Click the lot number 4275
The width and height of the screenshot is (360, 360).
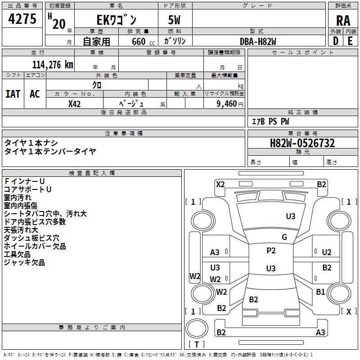point(22,20)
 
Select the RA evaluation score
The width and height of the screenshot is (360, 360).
point(343,20)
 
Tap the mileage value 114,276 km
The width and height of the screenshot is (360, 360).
point(52,64)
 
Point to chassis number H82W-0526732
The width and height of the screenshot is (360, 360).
point(302,143)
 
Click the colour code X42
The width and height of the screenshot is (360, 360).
point(74,103)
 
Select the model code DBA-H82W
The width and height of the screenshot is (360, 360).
point(258,41)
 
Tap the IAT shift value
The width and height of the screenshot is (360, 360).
point(13,94)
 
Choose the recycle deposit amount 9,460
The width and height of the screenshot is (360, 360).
point(224,103)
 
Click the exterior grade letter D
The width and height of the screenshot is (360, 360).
point(335,41)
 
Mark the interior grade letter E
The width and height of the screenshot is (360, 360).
point(350,41)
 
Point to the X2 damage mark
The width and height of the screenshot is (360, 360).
point(220,184)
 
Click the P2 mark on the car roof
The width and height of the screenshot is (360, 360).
point(271,251)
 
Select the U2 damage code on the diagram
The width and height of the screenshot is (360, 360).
point(327,252)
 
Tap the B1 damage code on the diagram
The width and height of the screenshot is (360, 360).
point(320,292)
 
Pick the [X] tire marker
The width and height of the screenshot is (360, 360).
point(348,311)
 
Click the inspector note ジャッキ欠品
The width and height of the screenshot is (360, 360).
point(24,262)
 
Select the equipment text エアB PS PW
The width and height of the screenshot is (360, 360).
point(270,121)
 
